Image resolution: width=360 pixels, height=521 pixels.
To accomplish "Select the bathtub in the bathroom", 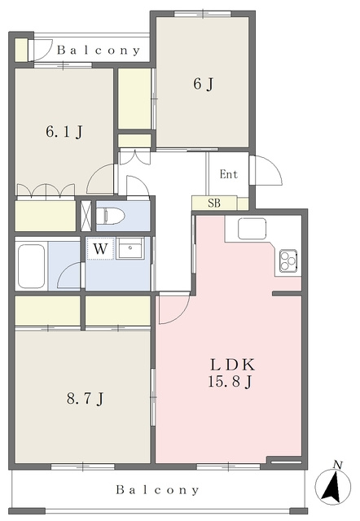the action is pyautogui.click(x=31, y=266).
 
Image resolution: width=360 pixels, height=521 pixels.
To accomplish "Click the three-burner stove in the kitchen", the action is pyautogui.click(x=288, y=260).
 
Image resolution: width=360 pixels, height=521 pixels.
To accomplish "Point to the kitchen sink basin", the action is pyautogui.click(x=252, y=228).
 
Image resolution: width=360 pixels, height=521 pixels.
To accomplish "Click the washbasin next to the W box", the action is pyautogui.click(x=130, y=248).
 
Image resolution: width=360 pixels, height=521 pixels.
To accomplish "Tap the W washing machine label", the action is pyautogui.click(x=100, y=248).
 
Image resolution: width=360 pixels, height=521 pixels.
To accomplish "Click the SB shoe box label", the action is pyautogui.click(x=214, y=203).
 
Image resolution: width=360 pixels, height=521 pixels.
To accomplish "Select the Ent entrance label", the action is pyautogui.click(x=229, y=174).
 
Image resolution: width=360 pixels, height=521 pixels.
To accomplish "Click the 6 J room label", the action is pyautogui.click(x=203, y=84).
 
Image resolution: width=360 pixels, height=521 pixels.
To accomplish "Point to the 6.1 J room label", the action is pyautogui.click(x=64, y=132).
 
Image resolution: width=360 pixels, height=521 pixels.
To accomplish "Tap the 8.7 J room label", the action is pyautogui.click(x=86, y=398).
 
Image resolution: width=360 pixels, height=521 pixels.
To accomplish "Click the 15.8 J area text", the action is pyautogui.click(x=229, y=381).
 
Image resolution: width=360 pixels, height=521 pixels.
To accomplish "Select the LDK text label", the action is pyautogui.click(x=233, y=365).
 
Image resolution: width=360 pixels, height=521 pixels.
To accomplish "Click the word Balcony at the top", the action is pyautogui.click(x=99, y=50).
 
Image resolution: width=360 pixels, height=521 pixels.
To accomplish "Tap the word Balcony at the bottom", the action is pyautogui.click(x=157, y=489).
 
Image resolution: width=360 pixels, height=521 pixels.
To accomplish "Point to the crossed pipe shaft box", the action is pyautogui.click(x=86, y=215).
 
